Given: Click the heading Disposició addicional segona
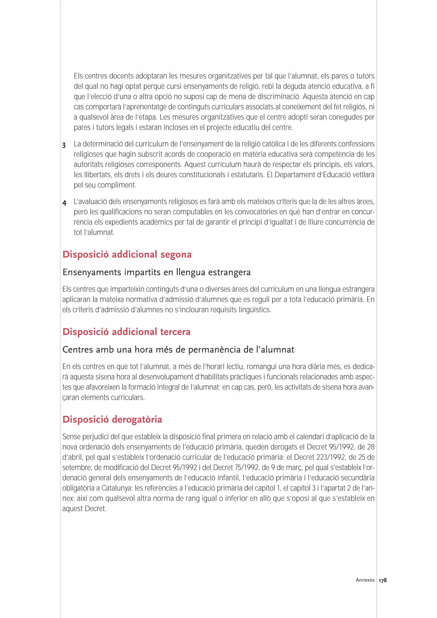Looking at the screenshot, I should tap(127, 254).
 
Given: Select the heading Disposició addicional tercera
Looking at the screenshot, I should tap(126, 332).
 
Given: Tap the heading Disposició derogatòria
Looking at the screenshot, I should tap(112, 419).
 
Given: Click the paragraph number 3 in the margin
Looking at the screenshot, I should tap(64, 146).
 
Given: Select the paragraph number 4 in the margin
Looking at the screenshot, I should tap(64, 203).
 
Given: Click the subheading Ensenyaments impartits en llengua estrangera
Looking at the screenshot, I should tap(156, 272).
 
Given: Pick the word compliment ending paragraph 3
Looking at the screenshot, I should tap(117, 185).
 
